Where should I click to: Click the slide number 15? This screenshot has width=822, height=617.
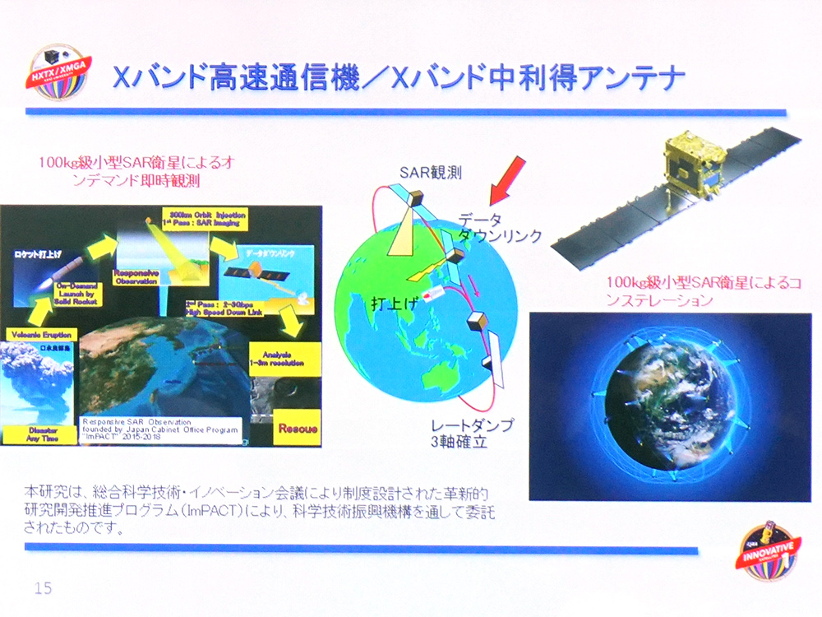[x=43, y=588]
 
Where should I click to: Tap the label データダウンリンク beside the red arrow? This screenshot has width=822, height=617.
[x=500, y=226]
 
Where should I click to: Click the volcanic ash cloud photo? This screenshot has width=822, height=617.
[x=37, y=383]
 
